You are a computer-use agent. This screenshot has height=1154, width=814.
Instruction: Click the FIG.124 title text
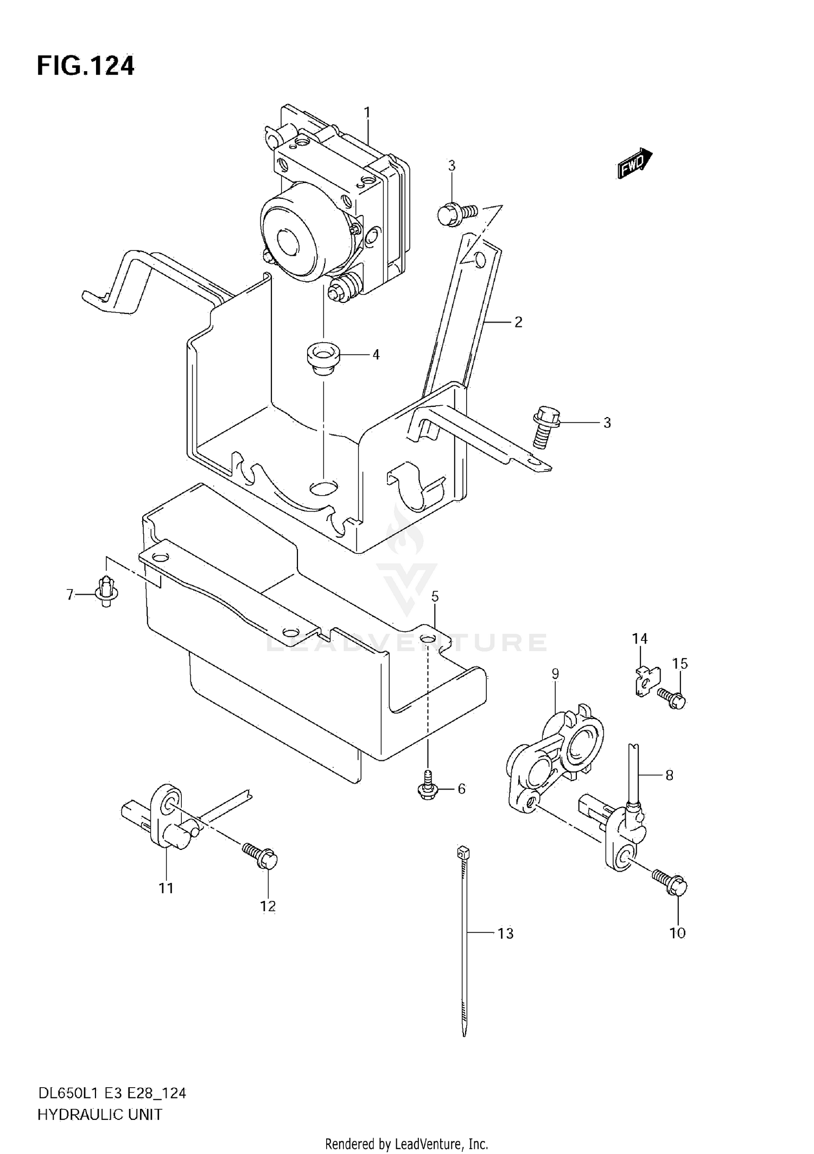pos(85,66)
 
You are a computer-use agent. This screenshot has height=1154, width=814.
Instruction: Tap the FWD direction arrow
pos(634,163)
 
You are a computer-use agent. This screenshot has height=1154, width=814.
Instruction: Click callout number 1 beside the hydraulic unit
pos(367,112)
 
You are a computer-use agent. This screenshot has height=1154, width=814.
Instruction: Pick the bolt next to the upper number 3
pos(456,213)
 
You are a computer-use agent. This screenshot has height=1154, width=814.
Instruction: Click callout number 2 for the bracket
pos(518,322)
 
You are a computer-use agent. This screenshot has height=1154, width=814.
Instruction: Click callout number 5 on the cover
pos(435,596)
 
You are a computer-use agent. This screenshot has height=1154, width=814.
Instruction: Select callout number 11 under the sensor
pos(166,888)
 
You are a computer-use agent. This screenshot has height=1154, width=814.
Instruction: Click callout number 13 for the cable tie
pos(505,934)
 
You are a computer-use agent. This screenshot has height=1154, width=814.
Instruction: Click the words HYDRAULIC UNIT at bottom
pos(100,1115)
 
